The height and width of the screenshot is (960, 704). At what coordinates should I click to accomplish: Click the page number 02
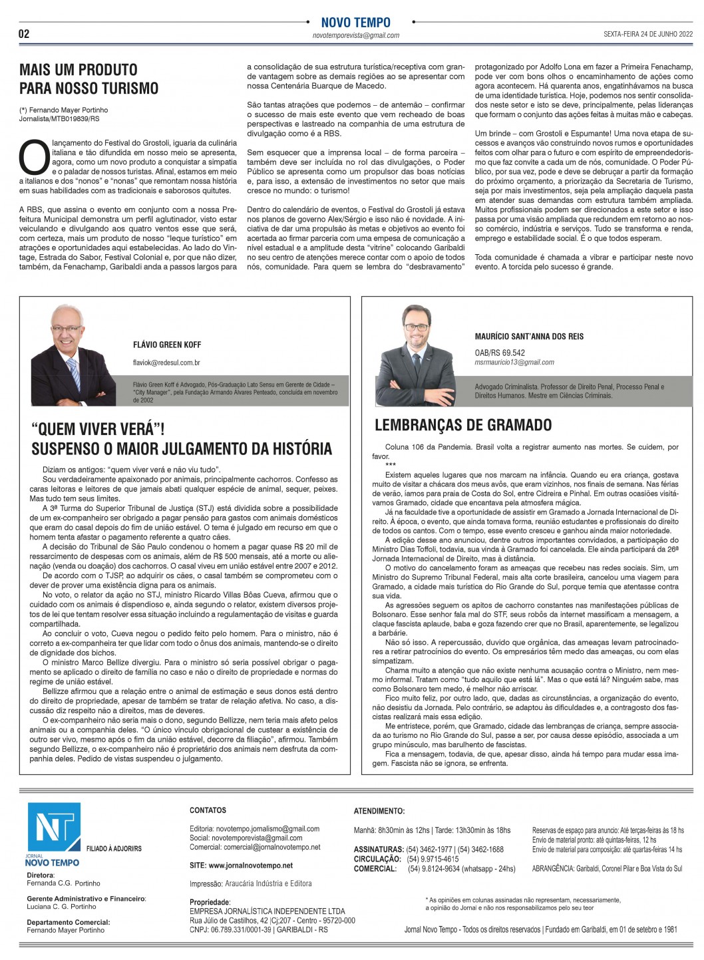pyautogui.click(x=24, y=34)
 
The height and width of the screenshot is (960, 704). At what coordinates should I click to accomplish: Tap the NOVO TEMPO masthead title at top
pyautogui.click(x=355, y=22)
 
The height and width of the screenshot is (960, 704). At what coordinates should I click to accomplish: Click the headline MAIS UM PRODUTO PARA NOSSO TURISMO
pyautogui.click(x=88, y=79)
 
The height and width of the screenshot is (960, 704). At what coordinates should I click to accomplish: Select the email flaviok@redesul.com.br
pyautogui.click(x=166, y=363)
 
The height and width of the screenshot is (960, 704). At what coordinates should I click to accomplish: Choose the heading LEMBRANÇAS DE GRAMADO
pyautogui.click(x=463, y=424)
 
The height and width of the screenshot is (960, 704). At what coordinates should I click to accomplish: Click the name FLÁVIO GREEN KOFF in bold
pyautogui.click(x=167, y=345)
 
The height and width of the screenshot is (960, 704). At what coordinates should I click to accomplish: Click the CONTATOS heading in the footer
pyautogui.click(x=208, y=810)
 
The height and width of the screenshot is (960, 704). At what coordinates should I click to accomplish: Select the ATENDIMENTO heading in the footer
pyautogui.click(x=379, y=811)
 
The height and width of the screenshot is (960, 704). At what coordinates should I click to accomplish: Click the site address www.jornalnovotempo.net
pyautogui.click(x=241, y=866)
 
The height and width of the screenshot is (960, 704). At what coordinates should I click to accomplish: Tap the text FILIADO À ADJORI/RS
pyautogui.click(x=114, y=849)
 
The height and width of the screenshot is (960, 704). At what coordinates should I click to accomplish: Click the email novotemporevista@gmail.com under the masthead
pyautogui.click(x=356, y=36)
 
